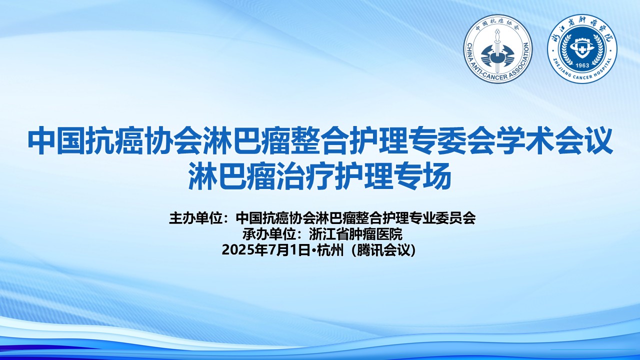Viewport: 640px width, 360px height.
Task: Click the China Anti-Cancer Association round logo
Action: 497,48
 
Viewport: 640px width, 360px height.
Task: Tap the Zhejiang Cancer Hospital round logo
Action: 582,48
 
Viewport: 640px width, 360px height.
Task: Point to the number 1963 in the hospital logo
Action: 582,65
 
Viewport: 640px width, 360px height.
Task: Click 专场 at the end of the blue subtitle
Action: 422,176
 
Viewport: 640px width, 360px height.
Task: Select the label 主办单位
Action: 195,218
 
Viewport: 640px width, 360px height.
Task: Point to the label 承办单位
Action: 269,234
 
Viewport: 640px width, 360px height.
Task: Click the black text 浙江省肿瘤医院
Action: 355,234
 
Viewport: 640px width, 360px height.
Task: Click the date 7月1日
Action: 289,250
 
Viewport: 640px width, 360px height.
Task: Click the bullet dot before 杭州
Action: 313,250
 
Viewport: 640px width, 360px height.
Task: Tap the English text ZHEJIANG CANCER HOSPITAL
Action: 582,71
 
